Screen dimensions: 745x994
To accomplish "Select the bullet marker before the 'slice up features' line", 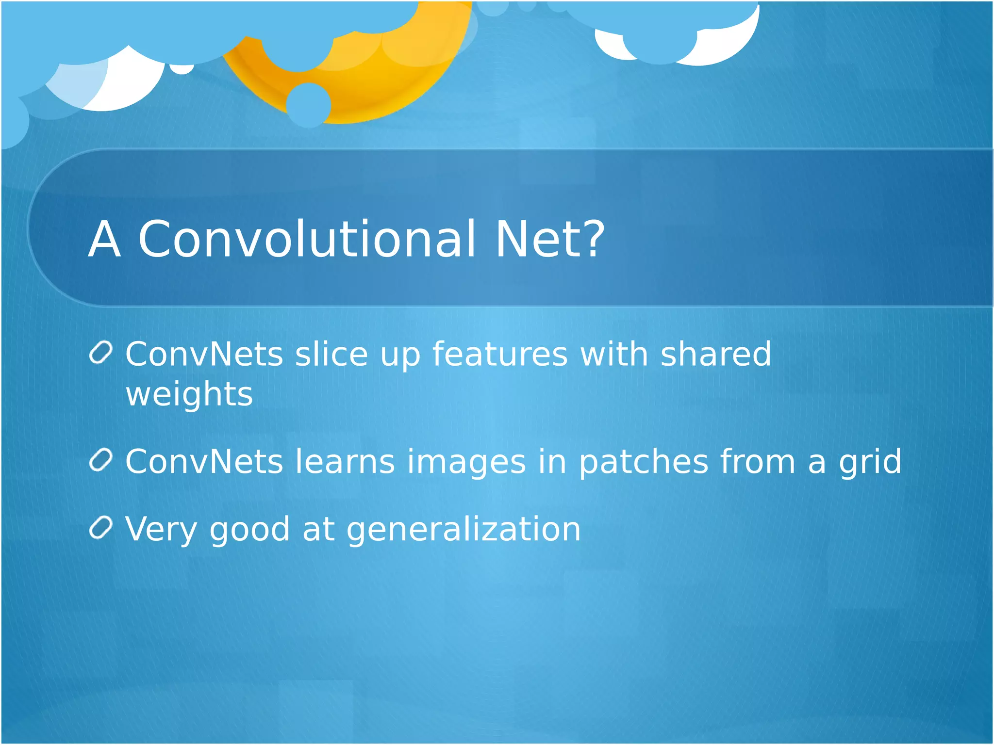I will [101, 352].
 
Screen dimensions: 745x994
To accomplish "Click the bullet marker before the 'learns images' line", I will [101, 459].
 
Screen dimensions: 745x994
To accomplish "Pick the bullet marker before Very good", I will [101, 527].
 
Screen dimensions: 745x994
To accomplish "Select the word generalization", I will [464, 530].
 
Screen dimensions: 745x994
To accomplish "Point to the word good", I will [249, 530].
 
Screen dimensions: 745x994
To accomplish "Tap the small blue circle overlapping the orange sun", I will [309, 105].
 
